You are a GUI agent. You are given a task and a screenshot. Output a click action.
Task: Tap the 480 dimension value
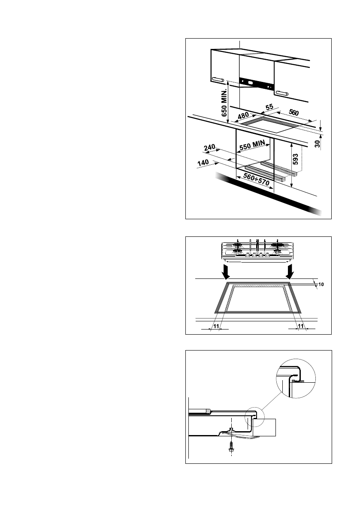[243, 116]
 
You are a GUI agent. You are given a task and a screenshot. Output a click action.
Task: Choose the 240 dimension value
[209, 148]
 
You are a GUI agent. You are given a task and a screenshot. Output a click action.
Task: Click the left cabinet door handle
[218, 79]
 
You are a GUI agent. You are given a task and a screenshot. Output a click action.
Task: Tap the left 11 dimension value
[216, 327]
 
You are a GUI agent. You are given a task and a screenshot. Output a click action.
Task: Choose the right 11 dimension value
[300, 327]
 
